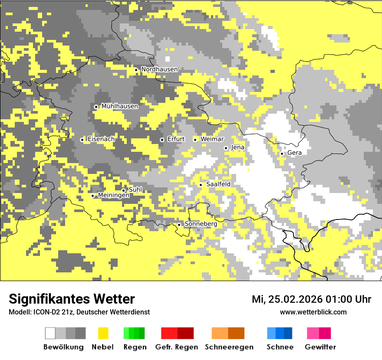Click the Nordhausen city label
point(159,69)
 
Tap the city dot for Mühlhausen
point(96,107)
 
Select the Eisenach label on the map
point(101,139)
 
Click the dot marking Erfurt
point(162,140)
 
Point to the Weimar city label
point(212,139)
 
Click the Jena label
point(237,147)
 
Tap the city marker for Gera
point(282,154)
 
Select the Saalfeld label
point(218,184)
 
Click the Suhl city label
point(135,190)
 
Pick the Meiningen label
point(113,196)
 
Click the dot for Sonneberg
point(179,225)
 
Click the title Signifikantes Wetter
point(72,299)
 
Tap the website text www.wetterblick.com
point(313,312)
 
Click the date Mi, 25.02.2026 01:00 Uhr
point(311,299)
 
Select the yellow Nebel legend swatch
point(103,333)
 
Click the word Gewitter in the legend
point(320,347)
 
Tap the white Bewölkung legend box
point(50,333)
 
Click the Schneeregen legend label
point(229,347)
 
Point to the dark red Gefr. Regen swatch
point(185,333)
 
